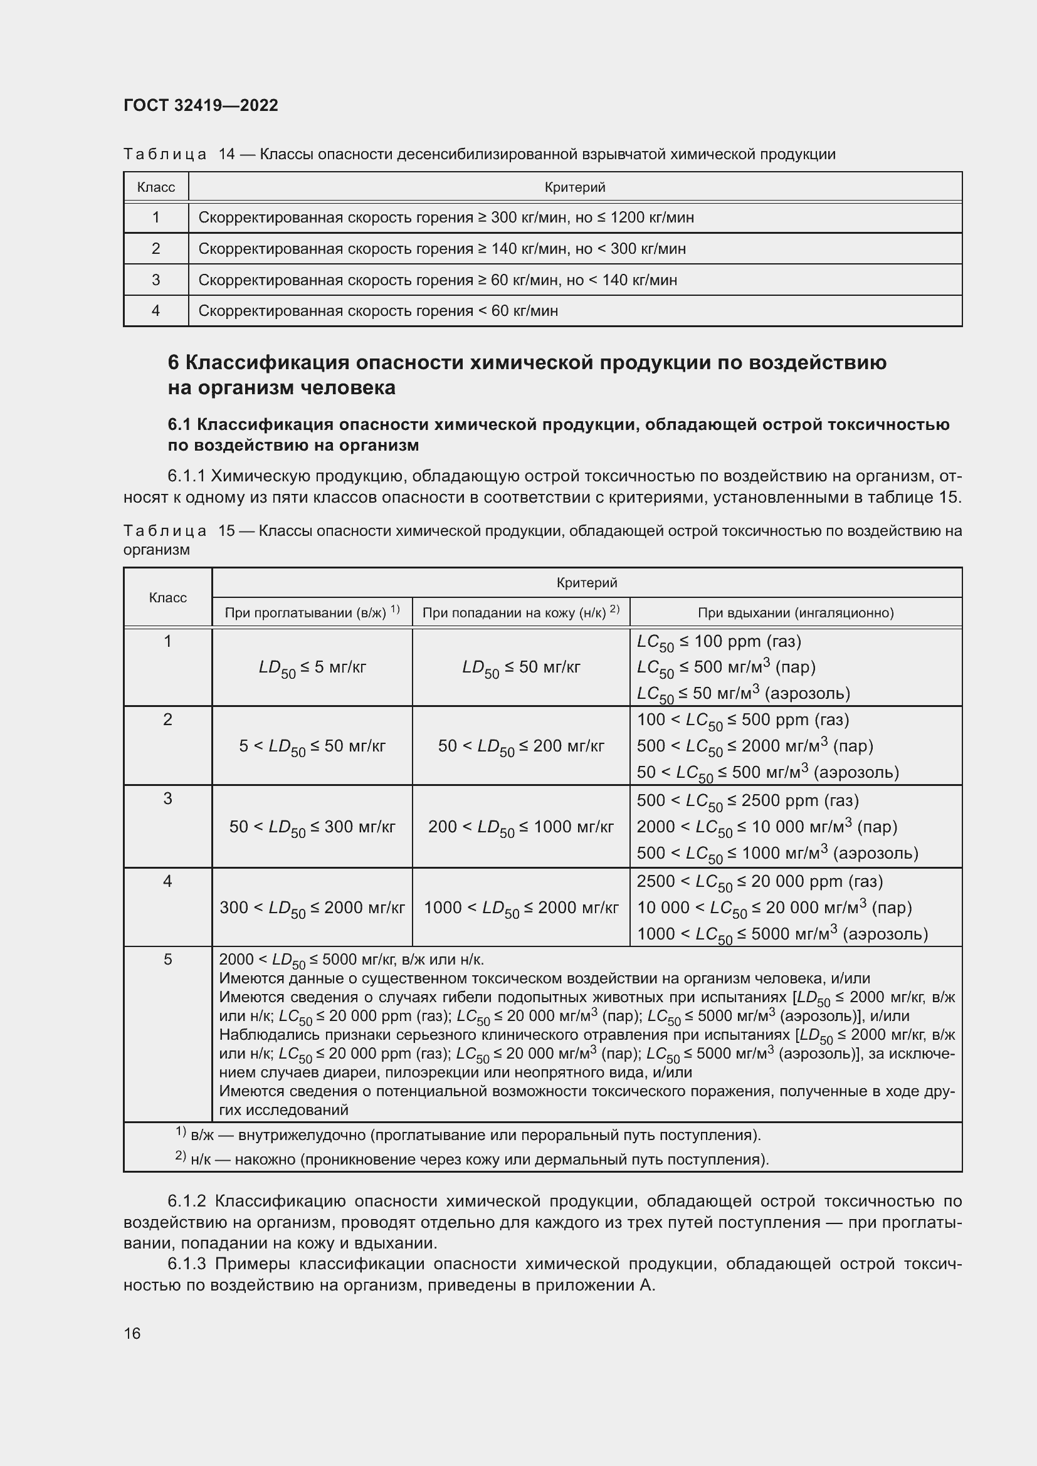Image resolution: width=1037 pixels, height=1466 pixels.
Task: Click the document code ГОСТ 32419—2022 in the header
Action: (x=201, y=105)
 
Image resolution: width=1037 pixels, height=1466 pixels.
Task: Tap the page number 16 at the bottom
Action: (x=132, y=1333)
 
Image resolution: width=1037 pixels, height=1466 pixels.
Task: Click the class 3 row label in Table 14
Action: (x=156, y=280)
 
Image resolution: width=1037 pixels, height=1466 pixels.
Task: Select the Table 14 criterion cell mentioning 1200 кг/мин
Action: (x=446, y=217)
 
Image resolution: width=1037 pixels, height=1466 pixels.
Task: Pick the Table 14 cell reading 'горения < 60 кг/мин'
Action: (x=378, y=311)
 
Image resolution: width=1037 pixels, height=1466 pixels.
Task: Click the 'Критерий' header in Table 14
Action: (x=575, y=187)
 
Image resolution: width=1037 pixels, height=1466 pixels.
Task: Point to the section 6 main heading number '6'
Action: (x=173, y=363)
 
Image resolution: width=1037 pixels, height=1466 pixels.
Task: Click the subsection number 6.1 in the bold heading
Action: (x=180, y=424)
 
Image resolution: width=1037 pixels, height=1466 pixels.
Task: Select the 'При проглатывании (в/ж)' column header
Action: (x=312, y=612)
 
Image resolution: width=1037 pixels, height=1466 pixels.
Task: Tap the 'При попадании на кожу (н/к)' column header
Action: (x=520, y=612)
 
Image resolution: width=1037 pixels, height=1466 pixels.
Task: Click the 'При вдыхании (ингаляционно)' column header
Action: (x=795, y=613)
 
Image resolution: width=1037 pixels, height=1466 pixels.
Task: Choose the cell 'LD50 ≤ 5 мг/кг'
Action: (x=312, y=668)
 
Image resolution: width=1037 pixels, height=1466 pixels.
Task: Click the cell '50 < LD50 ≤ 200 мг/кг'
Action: (x=520, y=746)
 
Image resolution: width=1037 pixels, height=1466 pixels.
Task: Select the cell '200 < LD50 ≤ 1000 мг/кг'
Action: (x=520, y=827)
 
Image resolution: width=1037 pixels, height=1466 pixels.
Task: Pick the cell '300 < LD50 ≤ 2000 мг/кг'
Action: (x=312, y=908)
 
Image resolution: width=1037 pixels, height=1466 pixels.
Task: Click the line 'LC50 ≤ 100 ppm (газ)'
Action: (x=719, y=642)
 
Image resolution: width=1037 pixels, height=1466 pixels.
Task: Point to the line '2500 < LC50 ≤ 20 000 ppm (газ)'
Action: (x=759, y=882)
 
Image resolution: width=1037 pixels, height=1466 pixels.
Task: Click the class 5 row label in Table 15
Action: (x=167, y=959)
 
